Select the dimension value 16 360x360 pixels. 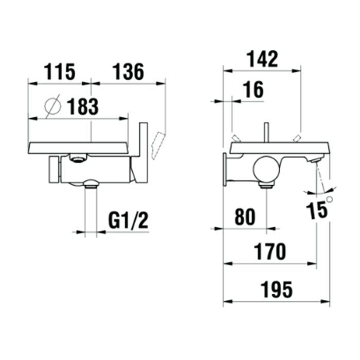pyautogui.click(x=253, y=90)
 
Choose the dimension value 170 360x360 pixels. pyautogui.click(x=269, y=252)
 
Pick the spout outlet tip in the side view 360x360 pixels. pyautogui.click(x=314, y=160)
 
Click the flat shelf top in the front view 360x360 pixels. pyautogui.click(x=77, y=147)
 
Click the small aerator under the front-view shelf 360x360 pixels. pyautogui.click(x=78, y=159)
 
